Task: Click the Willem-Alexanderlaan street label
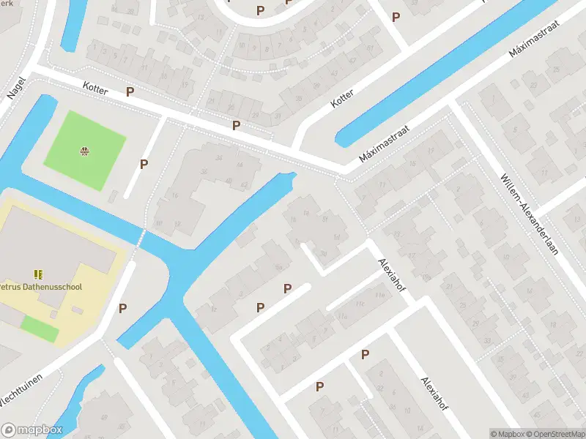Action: pos(530,212)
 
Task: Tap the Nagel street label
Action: pos(16,88)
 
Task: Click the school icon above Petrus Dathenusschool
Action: pos(38,274)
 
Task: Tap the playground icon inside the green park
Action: pos(84,151)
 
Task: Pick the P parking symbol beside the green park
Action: pos(144,165)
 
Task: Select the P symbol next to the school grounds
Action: pos(122,308)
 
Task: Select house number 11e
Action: pos(380,294)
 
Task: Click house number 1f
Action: pos(336,238)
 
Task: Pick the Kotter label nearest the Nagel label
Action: pos(96,90)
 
